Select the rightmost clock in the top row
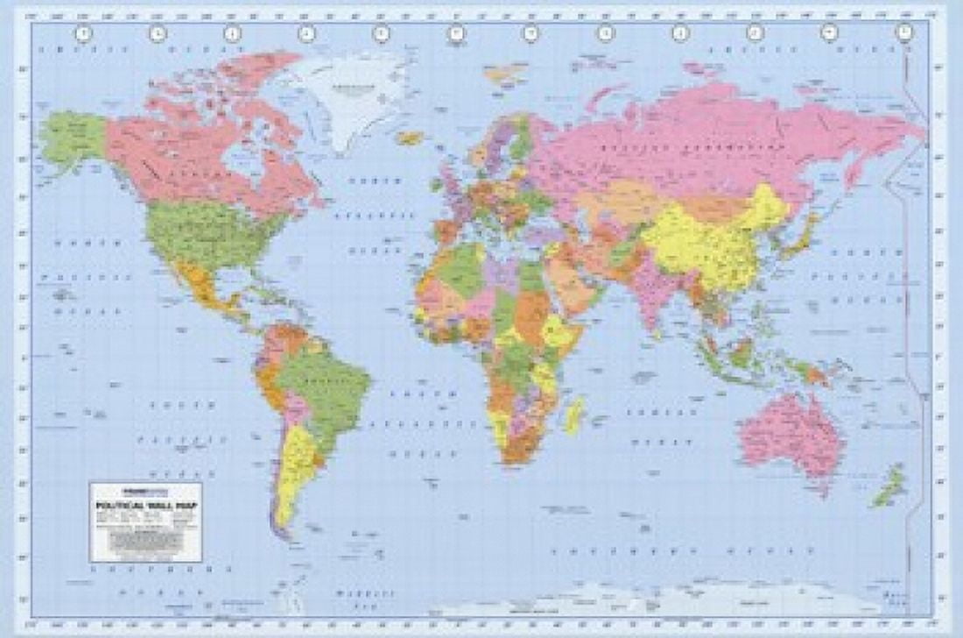pyautogui.click(x=904, y=33)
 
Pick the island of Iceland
pyautogui.click(x=410, y=138)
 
